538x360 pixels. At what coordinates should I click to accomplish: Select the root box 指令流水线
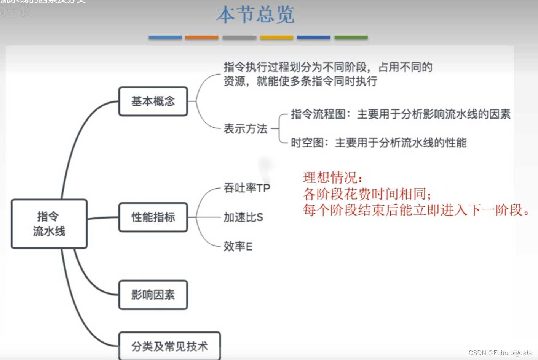coord(49,224)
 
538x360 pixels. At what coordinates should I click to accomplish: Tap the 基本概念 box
coord(153,101)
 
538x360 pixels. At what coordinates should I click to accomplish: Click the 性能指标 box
coord(153,217)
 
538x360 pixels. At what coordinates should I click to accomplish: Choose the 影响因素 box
coord(153,295)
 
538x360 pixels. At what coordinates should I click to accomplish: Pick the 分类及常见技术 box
coord(169,346)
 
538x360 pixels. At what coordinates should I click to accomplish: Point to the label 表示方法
coord(245,129)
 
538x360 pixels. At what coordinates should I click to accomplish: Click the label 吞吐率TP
coord(247,188)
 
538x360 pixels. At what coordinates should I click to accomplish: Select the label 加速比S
coord(243,217)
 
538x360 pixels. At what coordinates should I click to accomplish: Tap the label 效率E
coord(238,246)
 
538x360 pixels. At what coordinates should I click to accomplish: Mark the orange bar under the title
coord(201,37)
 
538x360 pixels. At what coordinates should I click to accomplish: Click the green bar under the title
coord(351,37)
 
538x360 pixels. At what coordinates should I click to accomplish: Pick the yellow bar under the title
coord(276,37)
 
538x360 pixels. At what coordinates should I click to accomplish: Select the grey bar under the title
coord(239,37)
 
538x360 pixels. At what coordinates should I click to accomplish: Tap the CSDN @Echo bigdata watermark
coord(500,353)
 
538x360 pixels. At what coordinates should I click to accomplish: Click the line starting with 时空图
coord(378,143)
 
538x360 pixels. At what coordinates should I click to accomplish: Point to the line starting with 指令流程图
coord(401,114)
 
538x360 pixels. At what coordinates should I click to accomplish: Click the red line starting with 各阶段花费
coord(367,194)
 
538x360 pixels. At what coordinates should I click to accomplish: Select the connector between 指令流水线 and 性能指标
coord(103,218)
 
